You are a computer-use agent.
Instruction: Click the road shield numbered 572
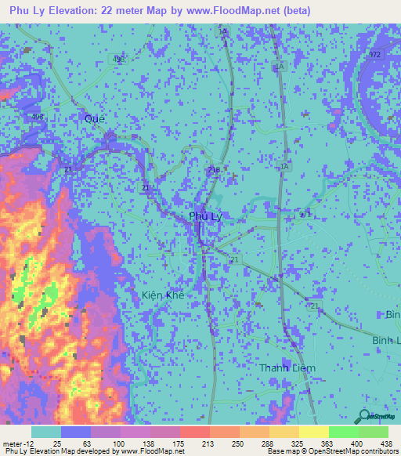pyautogui.click(x=374, y=53)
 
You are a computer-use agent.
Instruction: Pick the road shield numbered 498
pyautogui.click(x=38, y=117)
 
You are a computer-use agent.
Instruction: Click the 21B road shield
pyautogui.click(x=214, y=168)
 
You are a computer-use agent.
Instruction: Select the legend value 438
pyautogui.click(x=386, y=442)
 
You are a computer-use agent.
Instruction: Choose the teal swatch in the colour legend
pyautogui.click(x=46, y=432)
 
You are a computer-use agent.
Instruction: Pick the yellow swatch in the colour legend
pyautogui.click(x=313, y=432)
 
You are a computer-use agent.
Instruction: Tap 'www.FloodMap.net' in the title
pyautogui.click(x=235, y=11)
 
